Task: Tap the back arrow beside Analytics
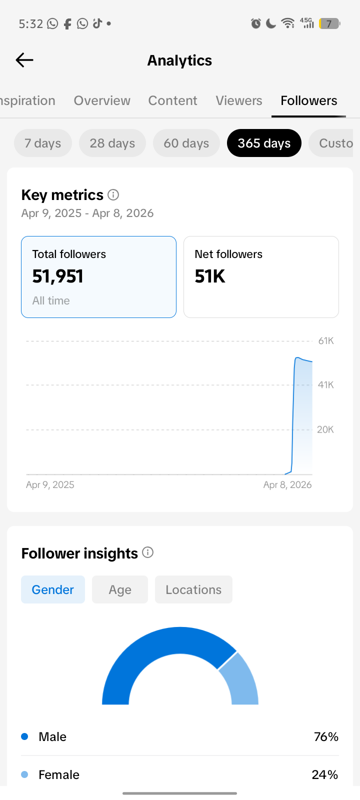[24, 60]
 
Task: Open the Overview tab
[102, 100]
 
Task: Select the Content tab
[172, 100]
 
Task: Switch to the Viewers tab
[239, 100]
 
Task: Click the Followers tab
[308, 100]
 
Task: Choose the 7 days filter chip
[43, 143]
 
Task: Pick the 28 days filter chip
[112, 143]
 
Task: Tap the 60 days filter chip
[186, 143]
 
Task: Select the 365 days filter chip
[264, 143]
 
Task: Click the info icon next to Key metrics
[113, 194]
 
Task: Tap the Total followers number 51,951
[58, 276]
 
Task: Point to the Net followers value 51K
[210, 276]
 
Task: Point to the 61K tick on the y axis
[325, 341]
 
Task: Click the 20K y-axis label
[325, 429]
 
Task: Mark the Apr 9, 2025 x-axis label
[50, 484]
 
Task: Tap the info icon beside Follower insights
[147, 552]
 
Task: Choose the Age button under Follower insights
[120, 589]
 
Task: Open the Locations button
[193, 589]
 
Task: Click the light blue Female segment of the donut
[241, 680]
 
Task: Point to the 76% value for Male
[326, 736]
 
